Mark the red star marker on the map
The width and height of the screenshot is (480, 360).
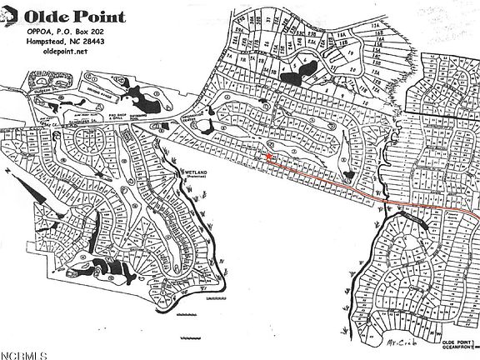point(268,155)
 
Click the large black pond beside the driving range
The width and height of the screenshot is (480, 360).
point(150,101)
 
